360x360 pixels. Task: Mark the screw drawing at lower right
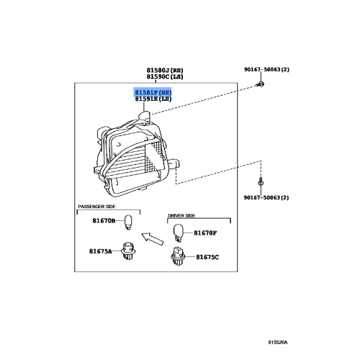point(264,184)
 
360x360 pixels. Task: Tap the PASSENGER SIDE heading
point(97,207)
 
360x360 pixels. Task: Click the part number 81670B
point(103,222)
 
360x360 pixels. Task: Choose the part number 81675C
point(208,256)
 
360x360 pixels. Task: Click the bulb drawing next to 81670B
point(129,222)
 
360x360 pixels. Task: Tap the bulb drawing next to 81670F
point(179,230)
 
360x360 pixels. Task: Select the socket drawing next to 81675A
point(130,252)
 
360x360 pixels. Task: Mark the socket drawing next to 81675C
point(178,255)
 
